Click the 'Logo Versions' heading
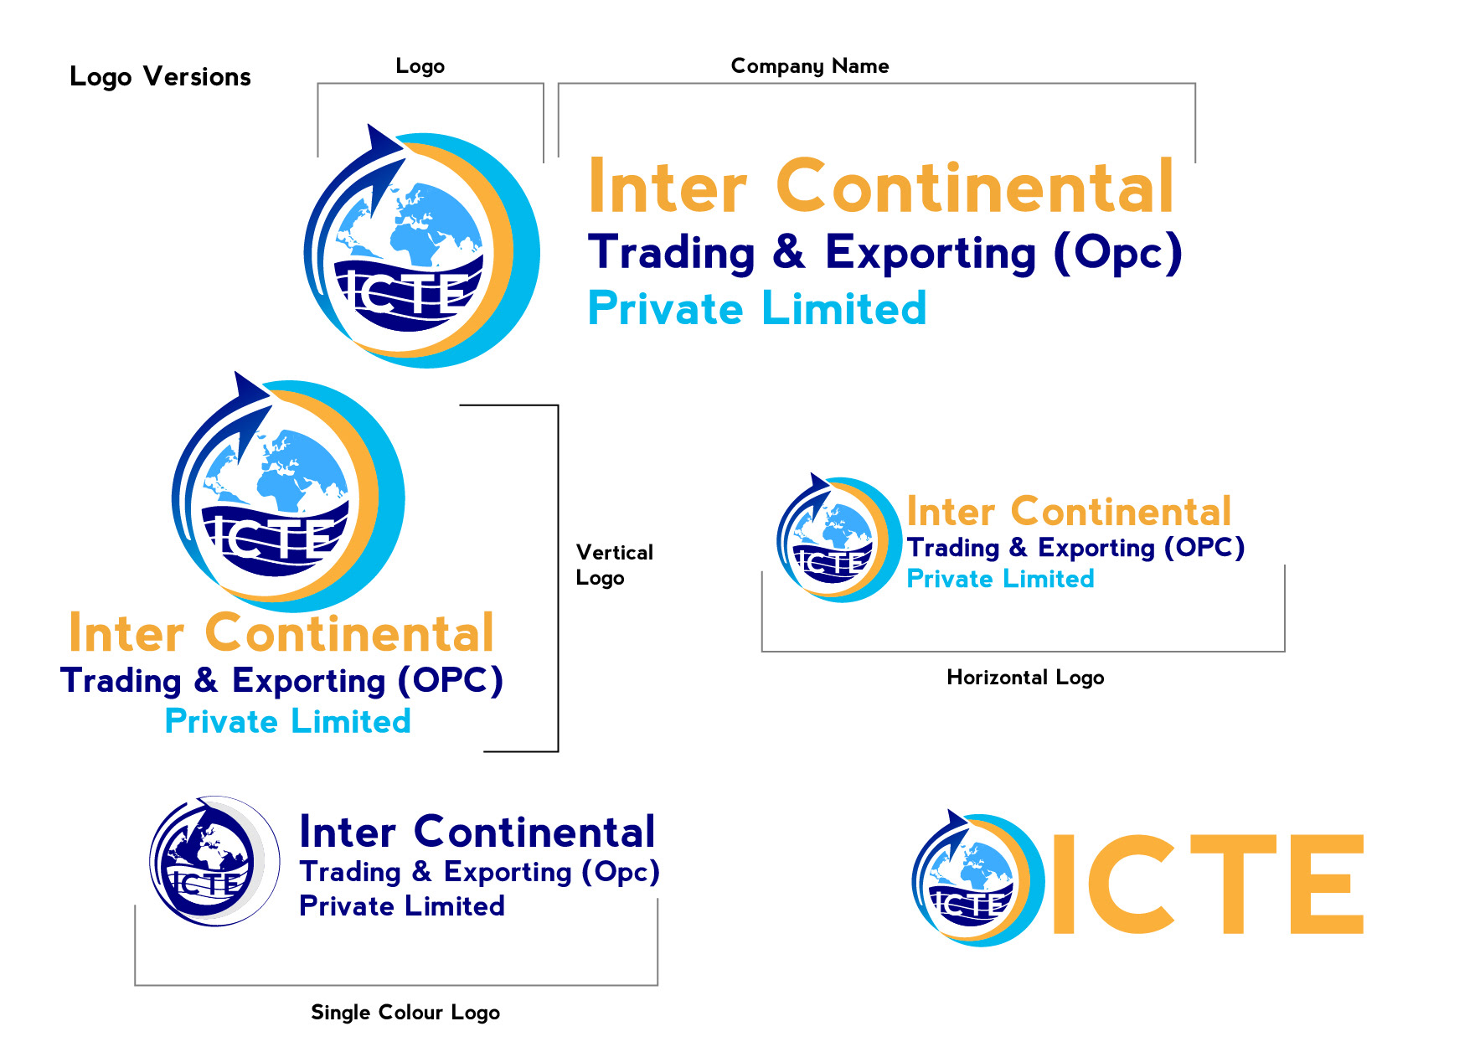pos(160,77)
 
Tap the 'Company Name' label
pos(809,66)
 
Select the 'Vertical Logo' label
pos(613,565)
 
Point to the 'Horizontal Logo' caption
pos(1024,678)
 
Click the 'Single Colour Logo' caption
pos(405,1013)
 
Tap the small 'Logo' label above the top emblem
pos(420,66)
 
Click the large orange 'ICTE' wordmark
pos(1207,884)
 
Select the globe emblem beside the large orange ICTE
pos(976,879)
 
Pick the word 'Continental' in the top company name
pos(975,188)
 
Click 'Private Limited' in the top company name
pos(756,309)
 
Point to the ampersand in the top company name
pos(789,252)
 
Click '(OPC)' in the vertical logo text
pos(450,681)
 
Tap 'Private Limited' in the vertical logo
pos(287,722)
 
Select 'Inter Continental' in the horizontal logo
pos(1068,512)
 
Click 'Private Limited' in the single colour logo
pos(402,906)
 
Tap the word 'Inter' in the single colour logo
pos(347,833)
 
